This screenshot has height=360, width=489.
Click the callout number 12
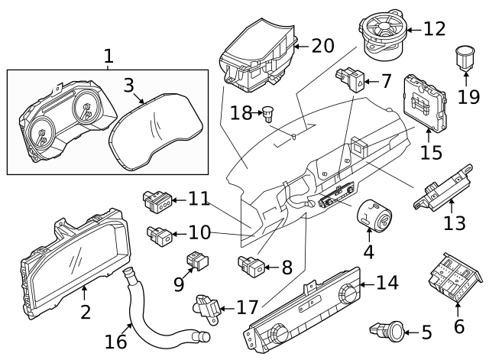pos(434,30)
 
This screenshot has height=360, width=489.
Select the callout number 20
pos(323,46)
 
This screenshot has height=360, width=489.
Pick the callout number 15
pos(432,153)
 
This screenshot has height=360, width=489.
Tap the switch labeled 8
pos(253,268)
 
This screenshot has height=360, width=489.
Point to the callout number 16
pos(116,341)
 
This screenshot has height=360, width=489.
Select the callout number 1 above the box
pos(108,56)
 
